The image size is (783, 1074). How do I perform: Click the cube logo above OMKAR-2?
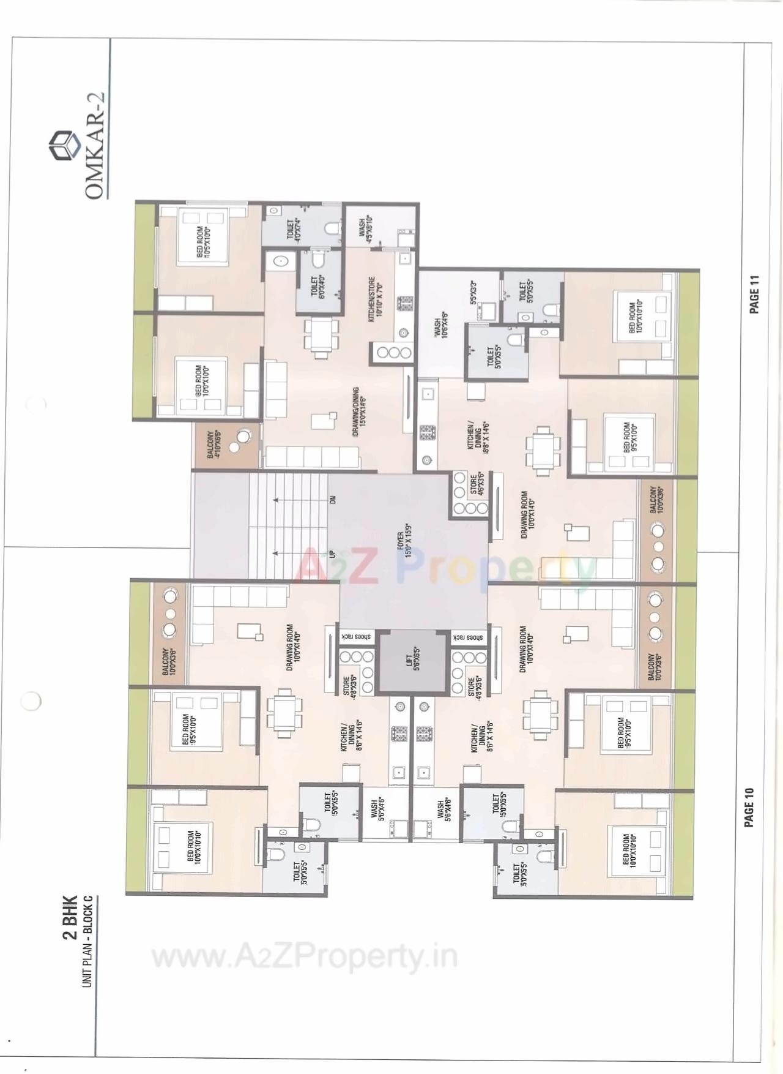coord(65,145)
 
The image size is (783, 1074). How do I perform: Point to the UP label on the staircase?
coord(333,554)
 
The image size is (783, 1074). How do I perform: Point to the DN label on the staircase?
coord(333,500)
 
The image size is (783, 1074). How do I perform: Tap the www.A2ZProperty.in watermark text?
coord(304,956)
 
